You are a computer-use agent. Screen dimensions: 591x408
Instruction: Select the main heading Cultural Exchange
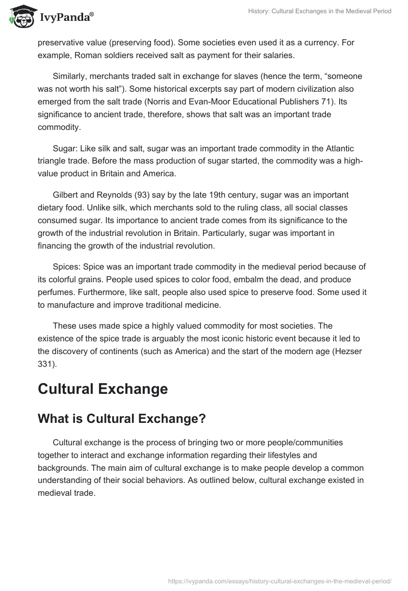[x=103, y=389]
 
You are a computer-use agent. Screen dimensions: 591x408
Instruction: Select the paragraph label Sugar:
[x=65, y=148]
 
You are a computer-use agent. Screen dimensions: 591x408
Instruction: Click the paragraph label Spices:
[x=66, y=267]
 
